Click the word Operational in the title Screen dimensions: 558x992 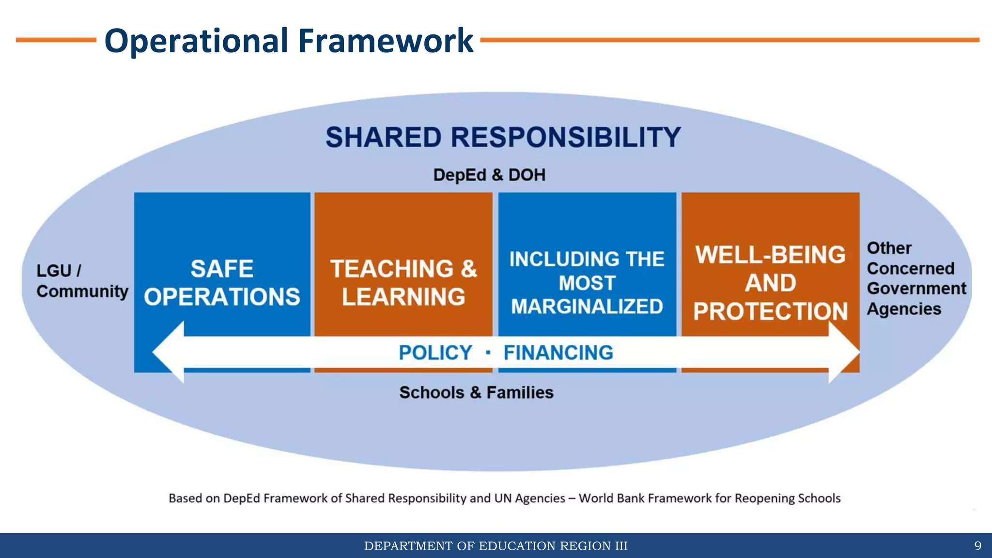click(196, 41)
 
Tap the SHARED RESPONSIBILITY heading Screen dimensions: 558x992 click(503, 137)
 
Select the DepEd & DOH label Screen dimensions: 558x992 click(489, 175)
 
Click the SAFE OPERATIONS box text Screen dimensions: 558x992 click(222, 283)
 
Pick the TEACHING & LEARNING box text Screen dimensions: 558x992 click(403, 283)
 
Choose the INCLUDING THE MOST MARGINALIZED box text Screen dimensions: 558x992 click(587, 283)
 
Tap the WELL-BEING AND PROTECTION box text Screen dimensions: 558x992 click(770, 283)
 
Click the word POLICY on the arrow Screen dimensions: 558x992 click(435, 353)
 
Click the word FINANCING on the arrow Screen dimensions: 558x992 click(558, 353)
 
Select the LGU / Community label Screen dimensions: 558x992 click(82, 281)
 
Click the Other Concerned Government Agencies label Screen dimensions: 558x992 click(915, 279)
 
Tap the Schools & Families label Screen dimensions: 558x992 click(476, 392)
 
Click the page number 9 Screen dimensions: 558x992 click(977, 546)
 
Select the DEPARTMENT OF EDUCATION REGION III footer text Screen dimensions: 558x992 click(496, 546)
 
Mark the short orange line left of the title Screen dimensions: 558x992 click(56, 40)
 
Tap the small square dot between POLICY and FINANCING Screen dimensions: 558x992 click(488, 353)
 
